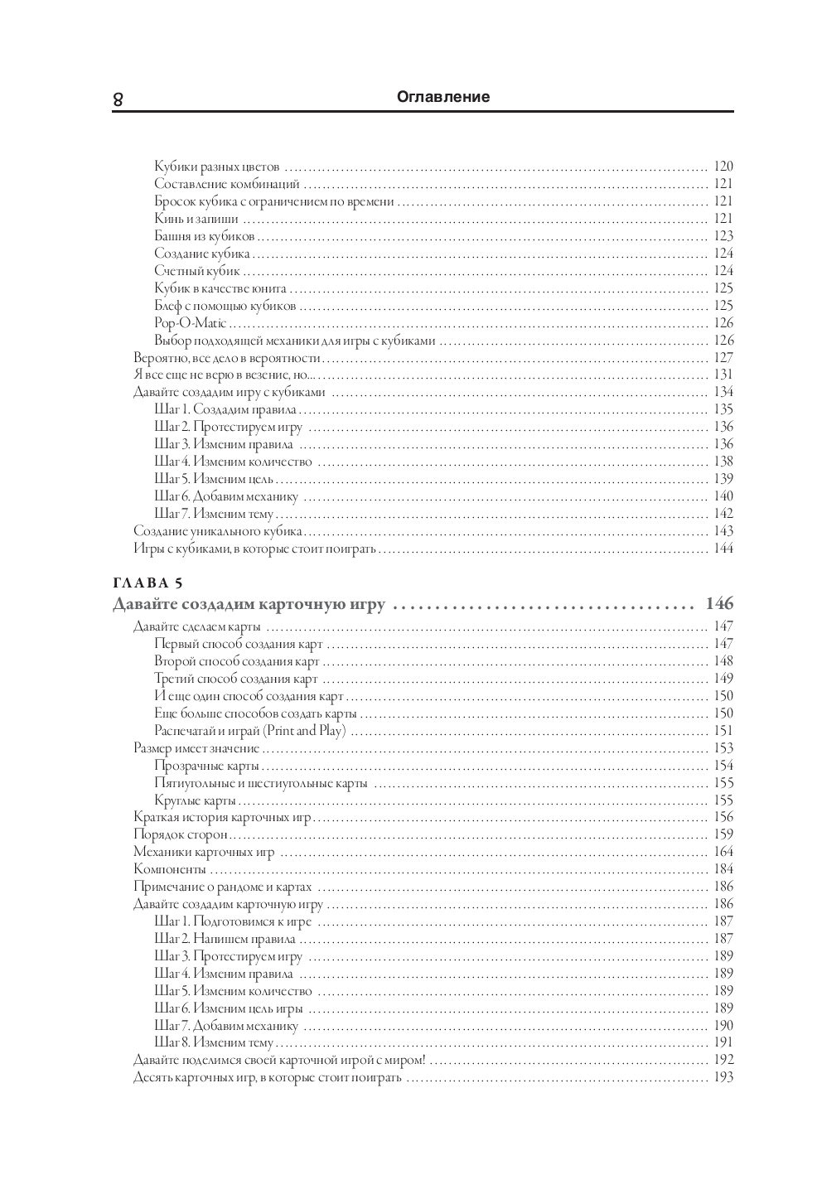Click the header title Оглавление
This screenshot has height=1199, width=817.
[443, 97]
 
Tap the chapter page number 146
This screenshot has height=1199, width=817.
[719, 604]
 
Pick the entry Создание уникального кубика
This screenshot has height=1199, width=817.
[218, 531]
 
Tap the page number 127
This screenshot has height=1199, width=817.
[723, 358]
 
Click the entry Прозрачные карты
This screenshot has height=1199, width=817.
[206, 766]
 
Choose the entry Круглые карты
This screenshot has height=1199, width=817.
[195, 800]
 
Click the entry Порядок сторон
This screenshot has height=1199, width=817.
[180, 834]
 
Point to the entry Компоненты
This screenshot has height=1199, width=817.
[169, 869]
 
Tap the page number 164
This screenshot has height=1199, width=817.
[723, 852]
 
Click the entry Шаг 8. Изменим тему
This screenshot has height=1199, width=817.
[213, 1042]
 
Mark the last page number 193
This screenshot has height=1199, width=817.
[723, 1077]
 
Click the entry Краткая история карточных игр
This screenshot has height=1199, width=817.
[222, 817]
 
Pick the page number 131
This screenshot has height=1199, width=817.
[723, 375]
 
